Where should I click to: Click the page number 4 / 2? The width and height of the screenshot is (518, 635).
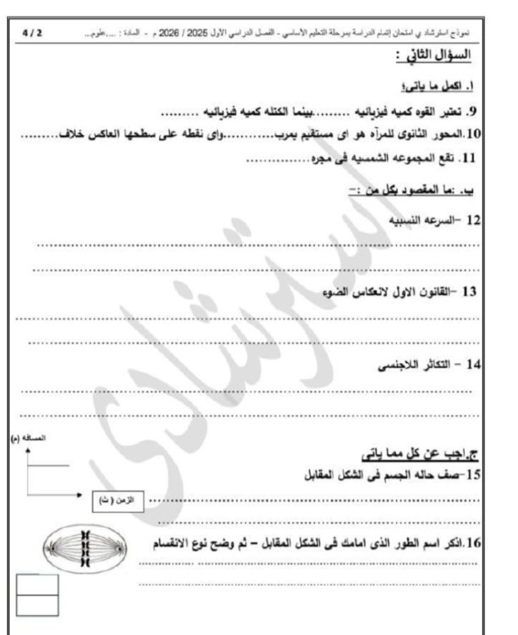point(30,32)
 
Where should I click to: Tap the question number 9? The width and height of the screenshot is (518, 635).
point(472,112)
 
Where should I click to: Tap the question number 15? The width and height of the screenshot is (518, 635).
point(473,475)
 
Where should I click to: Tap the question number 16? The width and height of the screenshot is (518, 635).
point(474,542)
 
